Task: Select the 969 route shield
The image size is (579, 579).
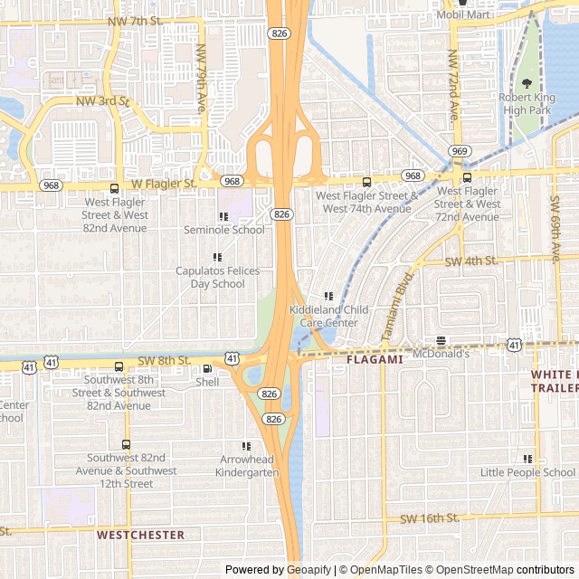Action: tap(460, 151)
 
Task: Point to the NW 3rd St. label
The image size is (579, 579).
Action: tap(102, 101)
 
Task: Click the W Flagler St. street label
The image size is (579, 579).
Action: tap(163, 183)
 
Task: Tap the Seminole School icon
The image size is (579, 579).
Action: tap(223, 216)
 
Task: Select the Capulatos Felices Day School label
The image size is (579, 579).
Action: tap(217, 277)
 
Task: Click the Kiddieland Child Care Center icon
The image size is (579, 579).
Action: tap(328, 296)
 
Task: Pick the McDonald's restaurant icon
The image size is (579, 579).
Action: tap(441, 341)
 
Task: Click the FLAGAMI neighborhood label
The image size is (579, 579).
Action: tap(375, 359)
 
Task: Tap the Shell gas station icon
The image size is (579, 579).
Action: tap(207, 368)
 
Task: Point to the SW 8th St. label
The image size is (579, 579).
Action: tap(158, 360)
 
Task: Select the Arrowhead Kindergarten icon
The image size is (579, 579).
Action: tap(245, 446)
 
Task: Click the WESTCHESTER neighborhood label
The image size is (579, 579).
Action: tap(140, 535)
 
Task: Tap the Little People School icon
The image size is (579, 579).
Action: tap(527, 459)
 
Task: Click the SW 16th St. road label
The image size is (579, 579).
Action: tap(429, 518)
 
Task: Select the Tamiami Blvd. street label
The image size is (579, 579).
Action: tap(398, 305)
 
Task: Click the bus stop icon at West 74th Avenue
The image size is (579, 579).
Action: tap(366, 182)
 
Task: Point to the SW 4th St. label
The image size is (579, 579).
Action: tap(471, 261)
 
